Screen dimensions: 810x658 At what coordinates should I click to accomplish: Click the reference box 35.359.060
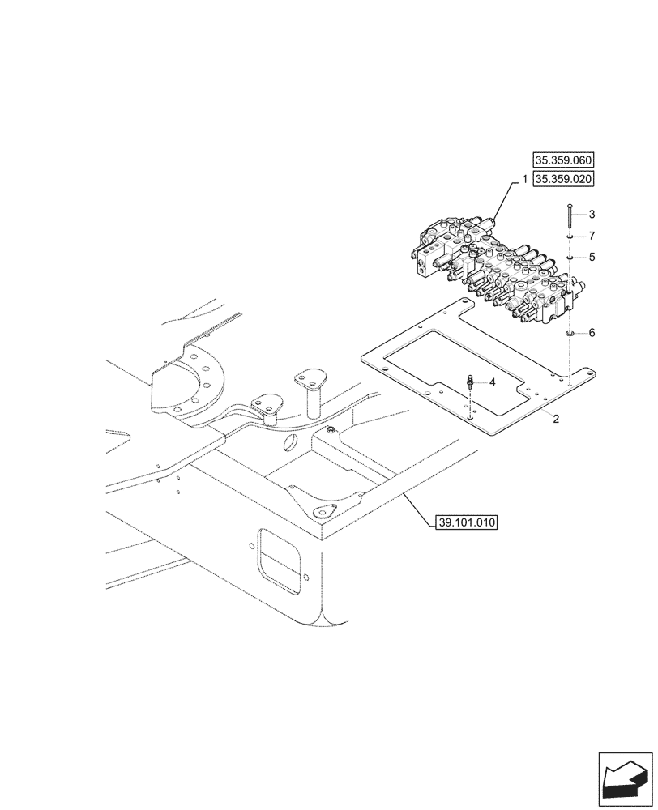(x=562, y=160)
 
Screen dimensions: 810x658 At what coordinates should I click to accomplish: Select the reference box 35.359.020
(x=562, y=179)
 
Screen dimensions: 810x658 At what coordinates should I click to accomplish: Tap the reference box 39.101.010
(x=463, y=522)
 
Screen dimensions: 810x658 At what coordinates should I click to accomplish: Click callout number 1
(x=524, y=179)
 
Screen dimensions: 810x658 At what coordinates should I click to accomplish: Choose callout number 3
(x=592, y=215)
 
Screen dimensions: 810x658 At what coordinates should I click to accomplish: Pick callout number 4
(x=491, y=381)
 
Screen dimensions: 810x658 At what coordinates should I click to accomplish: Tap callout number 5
(x=592, y=257)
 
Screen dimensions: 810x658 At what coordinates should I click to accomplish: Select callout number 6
(x=592, y=333)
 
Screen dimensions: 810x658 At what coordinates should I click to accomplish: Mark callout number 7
(x=592, y=236)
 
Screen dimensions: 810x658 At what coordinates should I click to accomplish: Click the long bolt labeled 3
(x=570, y=217)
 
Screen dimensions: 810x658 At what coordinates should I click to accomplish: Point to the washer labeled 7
(x=570, y=237)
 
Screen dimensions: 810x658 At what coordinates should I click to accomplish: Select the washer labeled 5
(x=570, y=257)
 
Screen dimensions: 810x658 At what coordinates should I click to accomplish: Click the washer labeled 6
(x=570, y=332)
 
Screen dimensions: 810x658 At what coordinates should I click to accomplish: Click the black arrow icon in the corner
(x=625, y=778)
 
